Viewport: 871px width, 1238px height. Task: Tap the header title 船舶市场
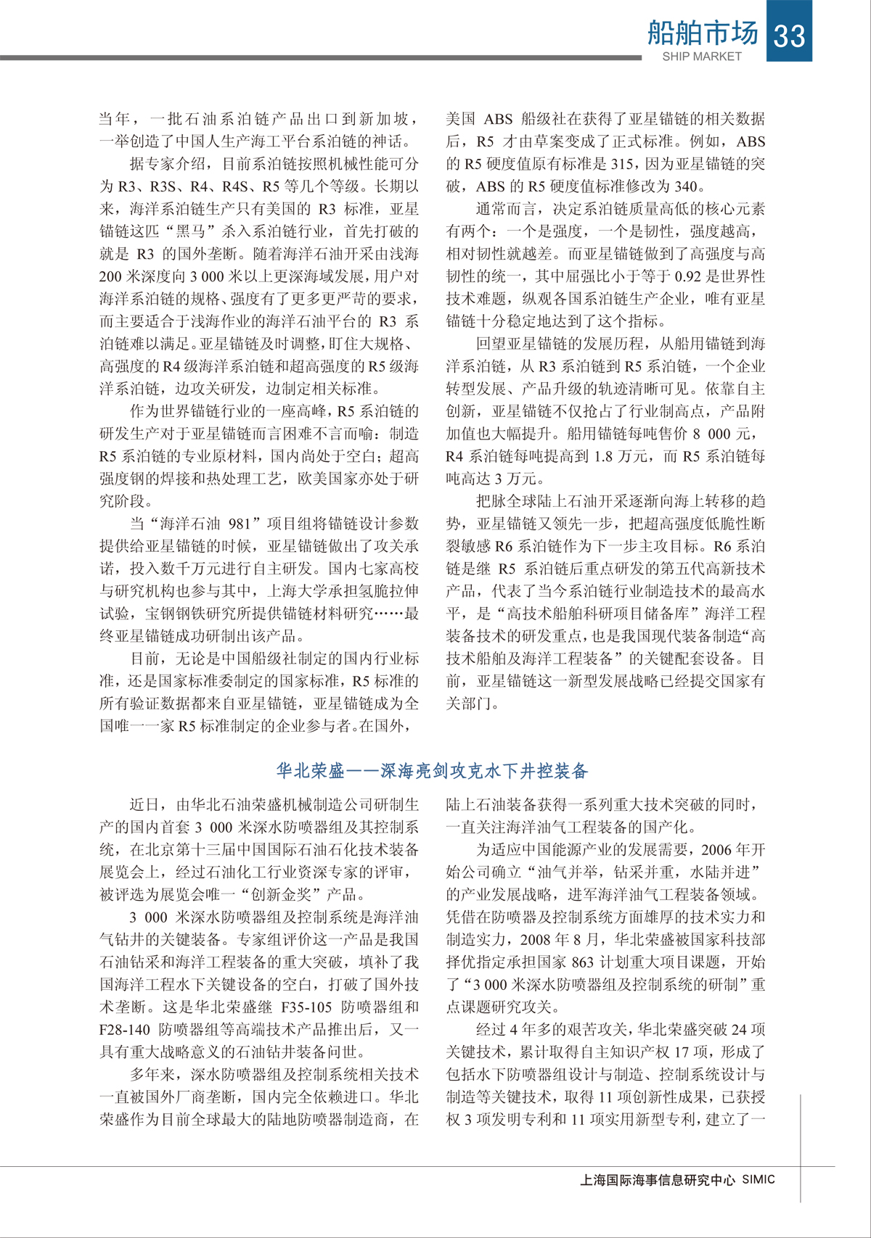[702, 33]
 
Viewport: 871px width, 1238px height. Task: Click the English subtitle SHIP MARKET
[702, 57]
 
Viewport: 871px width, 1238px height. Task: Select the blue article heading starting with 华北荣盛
[433, 771]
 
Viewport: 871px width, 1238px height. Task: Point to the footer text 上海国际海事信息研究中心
[658, 1180]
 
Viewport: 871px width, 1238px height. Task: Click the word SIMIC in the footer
[758, 1180]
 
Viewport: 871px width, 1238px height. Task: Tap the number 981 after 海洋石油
[240, 524]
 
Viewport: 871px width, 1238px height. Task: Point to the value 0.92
[688, 276]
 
